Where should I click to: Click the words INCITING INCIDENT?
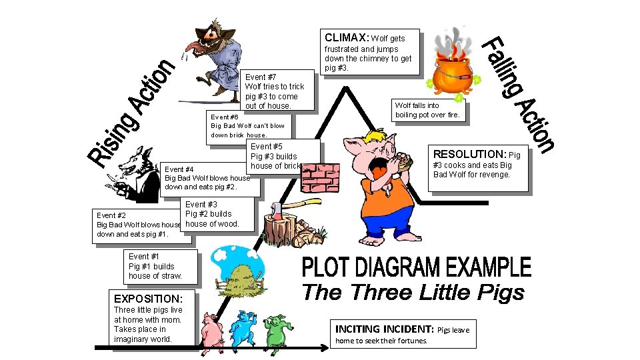384,329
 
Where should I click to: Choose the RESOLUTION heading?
471,153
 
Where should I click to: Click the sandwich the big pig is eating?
403,160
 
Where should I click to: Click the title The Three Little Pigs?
413,293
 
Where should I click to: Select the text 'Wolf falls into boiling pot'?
427,110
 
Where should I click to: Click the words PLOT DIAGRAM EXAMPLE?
417,268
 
